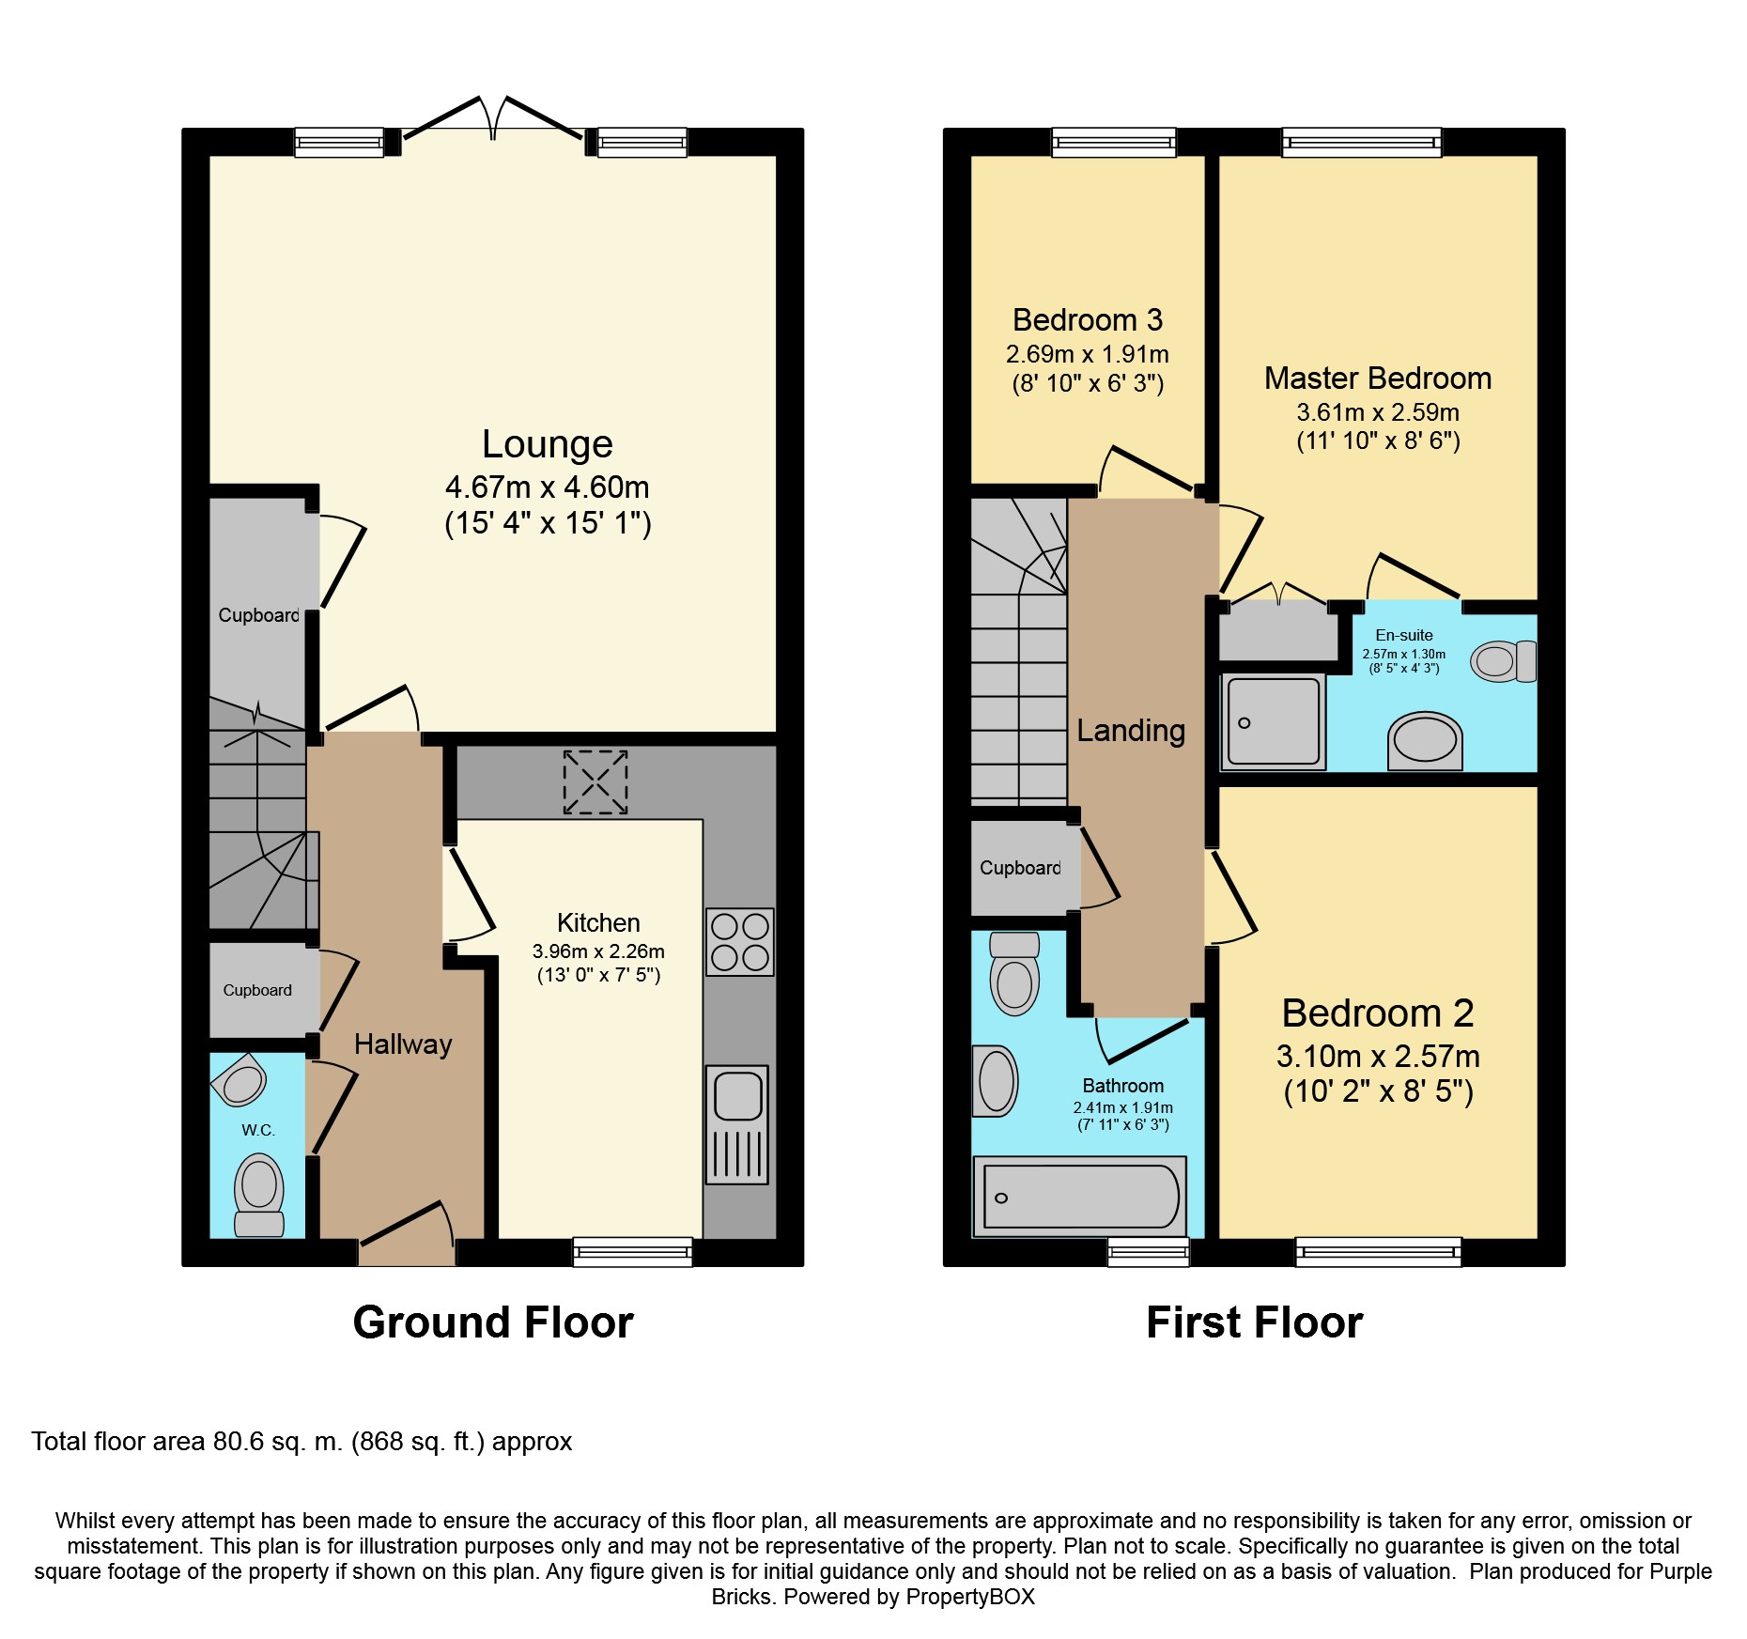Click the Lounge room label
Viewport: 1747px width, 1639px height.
(548, 444)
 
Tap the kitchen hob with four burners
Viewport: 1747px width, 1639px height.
(740, 941)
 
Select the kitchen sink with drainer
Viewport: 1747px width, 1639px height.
(737, 1124)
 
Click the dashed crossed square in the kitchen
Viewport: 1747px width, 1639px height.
(595, 782)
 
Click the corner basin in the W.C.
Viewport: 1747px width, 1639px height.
(241, 1081)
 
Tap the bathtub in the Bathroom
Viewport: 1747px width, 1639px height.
(1080, 1196)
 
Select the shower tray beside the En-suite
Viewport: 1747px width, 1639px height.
(1273, 720)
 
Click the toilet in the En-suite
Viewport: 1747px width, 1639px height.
(1504, 661)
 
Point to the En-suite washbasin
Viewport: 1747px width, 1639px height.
(1425, 741)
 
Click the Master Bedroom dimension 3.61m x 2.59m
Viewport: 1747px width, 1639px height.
(1378, 412)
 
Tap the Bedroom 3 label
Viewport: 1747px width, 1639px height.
(1088, 320)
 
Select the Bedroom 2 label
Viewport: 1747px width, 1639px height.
(1378, 1013)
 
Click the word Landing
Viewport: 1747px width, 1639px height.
(1131, 731)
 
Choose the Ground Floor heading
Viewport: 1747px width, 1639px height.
(493, 1322)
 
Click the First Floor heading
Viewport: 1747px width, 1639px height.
(1254, 1322)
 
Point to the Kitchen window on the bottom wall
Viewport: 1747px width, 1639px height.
(633, 1252)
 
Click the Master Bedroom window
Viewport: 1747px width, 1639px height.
(1362, 142)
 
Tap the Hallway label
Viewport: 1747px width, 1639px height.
(403, 1044)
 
